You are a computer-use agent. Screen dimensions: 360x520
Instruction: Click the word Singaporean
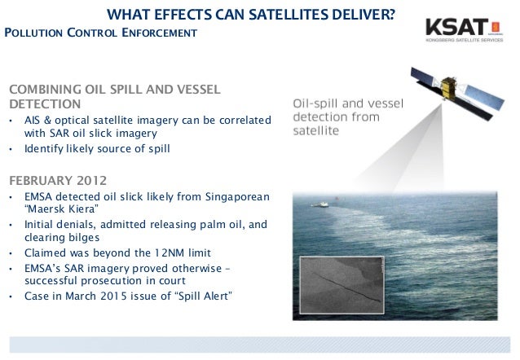(236, 197)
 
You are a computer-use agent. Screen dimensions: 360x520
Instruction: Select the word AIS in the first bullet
(34, 121)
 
